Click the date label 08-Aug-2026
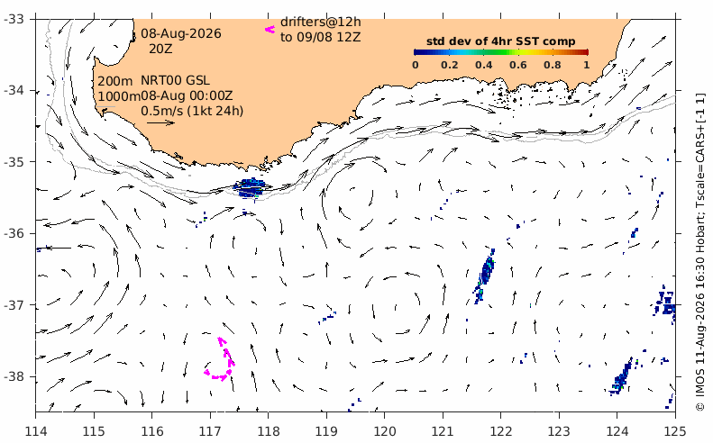(x=181, y=33)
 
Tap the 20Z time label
(x=160, y=49)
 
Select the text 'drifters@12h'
(x=321, y=22)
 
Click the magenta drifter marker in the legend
(x=270, y=30)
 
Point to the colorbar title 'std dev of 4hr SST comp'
(x=500, y=41)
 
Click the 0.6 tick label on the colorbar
(x=518, y=65)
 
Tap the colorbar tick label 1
(x=587, y=65)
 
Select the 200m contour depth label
(x=115, y=81)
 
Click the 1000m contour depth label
(x=119, y=96)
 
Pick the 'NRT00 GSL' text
(x=175, y=80)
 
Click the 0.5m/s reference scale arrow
(x=160, y=122)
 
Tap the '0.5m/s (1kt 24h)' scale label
(x=192, y=111)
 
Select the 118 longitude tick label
(x=268, y=430)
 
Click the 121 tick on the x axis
(x=442, y=430)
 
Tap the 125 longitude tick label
(x=675, y=430)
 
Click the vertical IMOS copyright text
(x=699, y=252)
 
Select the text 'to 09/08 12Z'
(x=321, y=37)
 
